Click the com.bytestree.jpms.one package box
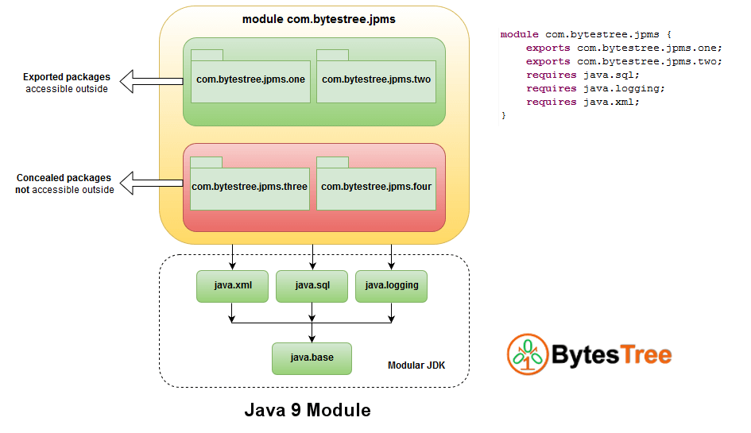point(250,81)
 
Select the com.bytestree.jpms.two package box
point(376,81)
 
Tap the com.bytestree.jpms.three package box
point(250,188)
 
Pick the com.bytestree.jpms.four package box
point(376,188)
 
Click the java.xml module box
point(233,286)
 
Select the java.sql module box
point(312,286)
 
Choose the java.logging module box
point(391,286)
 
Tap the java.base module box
point(312,358)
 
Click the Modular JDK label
point(416,365)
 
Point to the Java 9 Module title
point(307,411)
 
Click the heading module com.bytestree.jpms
point(318,19)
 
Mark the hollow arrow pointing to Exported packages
point(151,79)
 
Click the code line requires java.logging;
point(583,88)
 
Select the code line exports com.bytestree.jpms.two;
point(623,61)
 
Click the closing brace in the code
point(503,115)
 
